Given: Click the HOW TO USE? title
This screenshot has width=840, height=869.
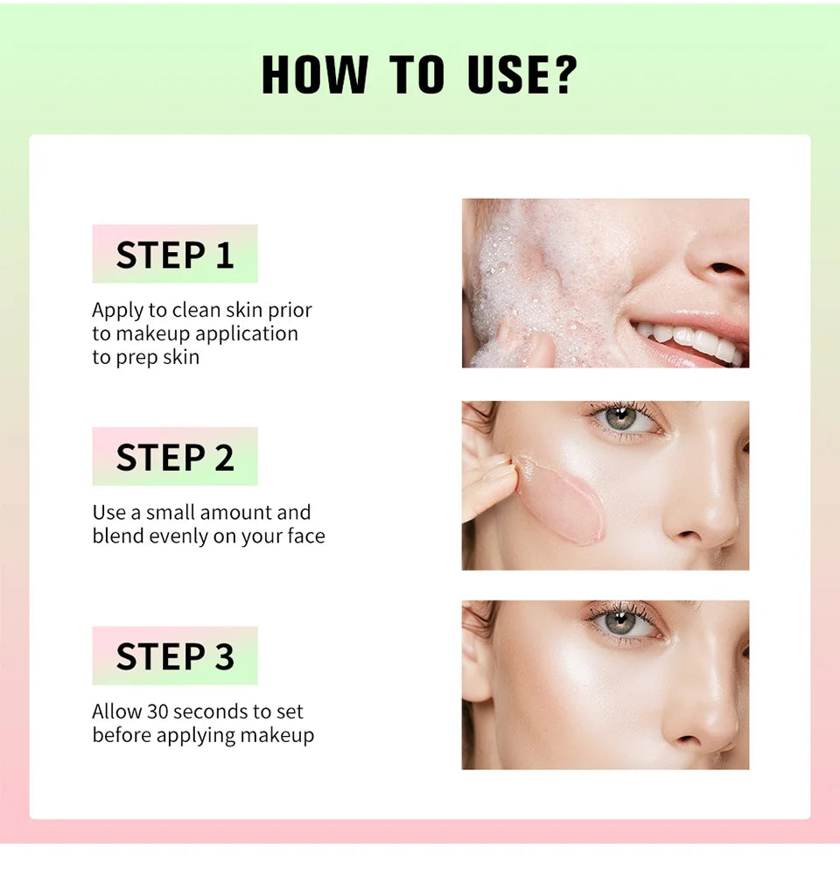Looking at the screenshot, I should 420,74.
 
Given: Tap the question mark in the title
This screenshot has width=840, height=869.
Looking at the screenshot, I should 565,74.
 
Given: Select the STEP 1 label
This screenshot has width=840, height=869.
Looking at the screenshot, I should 175,255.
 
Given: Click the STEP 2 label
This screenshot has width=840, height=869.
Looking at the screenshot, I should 175,458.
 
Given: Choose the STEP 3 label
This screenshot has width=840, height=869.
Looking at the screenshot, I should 175,656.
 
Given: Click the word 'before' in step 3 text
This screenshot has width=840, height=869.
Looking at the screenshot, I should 122,735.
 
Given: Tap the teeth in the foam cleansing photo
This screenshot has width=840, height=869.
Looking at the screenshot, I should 691,339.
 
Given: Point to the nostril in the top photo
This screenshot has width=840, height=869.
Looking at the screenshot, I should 725,268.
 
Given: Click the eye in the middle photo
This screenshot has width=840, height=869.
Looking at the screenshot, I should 621,418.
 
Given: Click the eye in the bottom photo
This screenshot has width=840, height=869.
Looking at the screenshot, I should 621,622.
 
